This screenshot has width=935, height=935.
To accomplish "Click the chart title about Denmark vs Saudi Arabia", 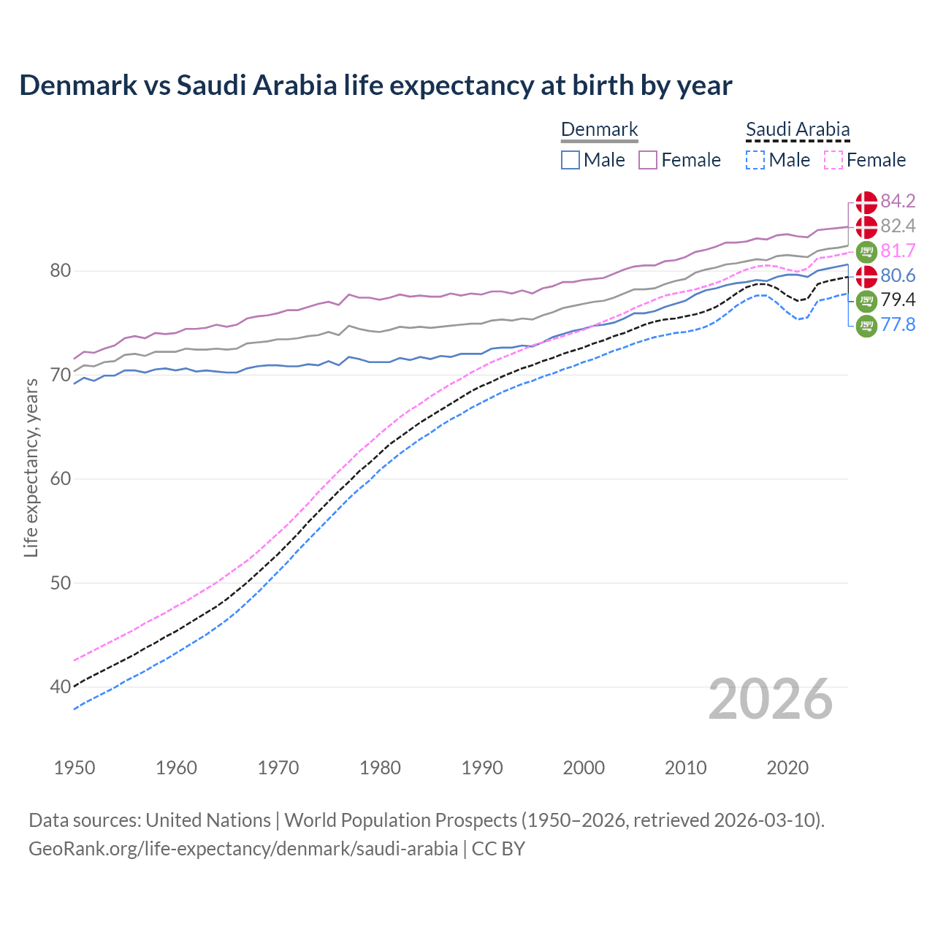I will click(x=375, y=85).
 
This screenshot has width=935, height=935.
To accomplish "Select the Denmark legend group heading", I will click(x=599, y=130).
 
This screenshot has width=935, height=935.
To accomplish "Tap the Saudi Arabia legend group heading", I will click(x=798, y=130).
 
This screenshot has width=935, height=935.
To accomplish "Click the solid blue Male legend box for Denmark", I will click(x=570, y=160).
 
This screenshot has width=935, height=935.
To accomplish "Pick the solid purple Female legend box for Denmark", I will click(x=648, y=160).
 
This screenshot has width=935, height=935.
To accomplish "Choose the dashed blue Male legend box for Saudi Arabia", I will click(x=755, y=160).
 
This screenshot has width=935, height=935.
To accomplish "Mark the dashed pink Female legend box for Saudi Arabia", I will click(x=833, y=160).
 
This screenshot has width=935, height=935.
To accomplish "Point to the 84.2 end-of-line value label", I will click(x=898, y=201).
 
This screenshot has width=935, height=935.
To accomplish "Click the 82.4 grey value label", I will click(x=898, y=226).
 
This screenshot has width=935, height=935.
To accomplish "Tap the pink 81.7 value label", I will click(x=898, y=251).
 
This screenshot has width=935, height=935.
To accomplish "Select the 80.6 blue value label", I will click(x=898, y=275).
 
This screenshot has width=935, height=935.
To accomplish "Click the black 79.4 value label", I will click(x=898, y=299).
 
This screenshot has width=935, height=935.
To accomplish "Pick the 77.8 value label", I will click(x=898, y=324).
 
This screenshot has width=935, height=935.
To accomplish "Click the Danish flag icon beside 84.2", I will click(x=866, y=202).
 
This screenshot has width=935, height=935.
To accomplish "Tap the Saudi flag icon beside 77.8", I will click(x=866, y=325).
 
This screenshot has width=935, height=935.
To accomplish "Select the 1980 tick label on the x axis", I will click(x=380, y=768).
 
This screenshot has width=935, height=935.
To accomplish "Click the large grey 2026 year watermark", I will click(x=771, y=699).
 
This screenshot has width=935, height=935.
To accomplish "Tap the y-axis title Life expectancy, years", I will click(x=31, y=467).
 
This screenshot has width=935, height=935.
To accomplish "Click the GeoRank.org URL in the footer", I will click(x=243, y=849).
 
